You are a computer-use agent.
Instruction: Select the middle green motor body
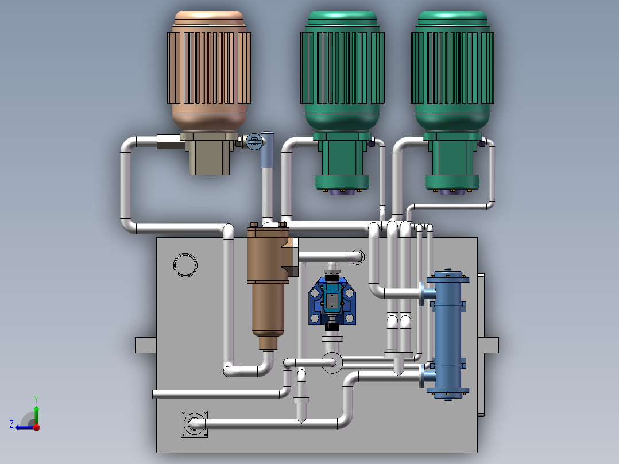[x=342, y=69]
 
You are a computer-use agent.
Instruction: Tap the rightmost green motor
[x=452, y=69]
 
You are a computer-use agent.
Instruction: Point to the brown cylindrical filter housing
[x=268, y=299]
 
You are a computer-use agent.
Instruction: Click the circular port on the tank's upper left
[x=185, y=265]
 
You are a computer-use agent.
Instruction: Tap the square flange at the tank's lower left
[x=194, y=424]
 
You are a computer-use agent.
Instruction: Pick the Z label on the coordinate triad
[x=11, y=424]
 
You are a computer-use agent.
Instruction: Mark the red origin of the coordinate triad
[x=36, y=427]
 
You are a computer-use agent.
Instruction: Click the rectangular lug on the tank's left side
[x=145, y=345]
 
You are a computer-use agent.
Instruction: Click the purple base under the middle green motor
[x=342, y=192]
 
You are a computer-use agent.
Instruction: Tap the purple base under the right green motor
[x=452, y=192]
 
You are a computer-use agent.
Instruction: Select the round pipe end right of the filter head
[x=357, y=257]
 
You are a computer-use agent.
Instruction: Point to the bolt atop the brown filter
[x=253, y=225]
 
